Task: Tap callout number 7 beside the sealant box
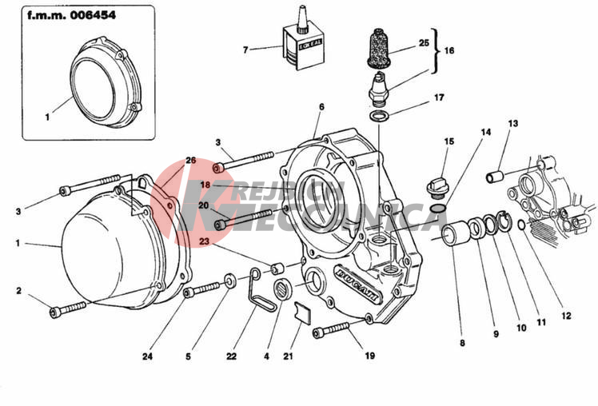(246, 50)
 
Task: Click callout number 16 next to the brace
(448, 50)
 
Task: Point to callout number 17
(439, 98)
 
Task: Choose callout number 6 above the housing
(321, 106)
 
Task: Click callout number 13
(512, 123)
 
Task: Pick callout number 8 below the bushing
(461, 344)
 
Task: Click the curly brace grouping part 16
(437, 50)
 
